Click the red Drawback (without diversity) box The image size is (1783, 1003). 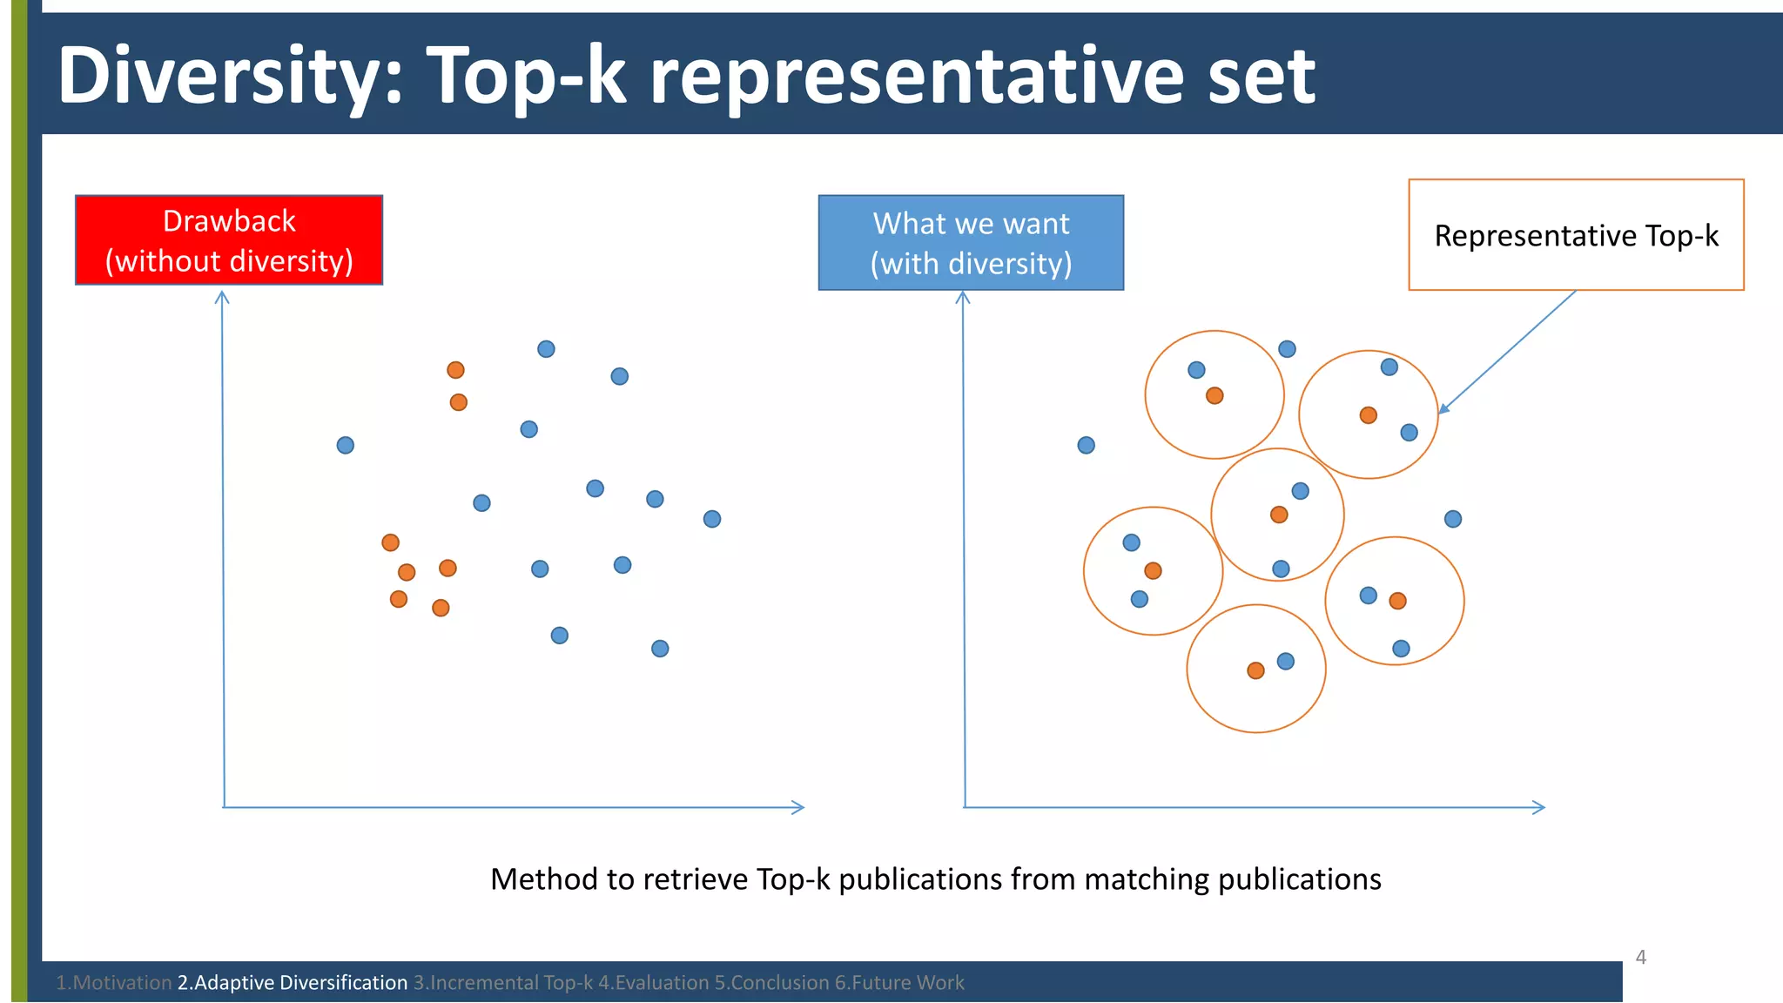point(229,240)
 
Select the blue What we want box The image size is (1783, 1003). point(971,243)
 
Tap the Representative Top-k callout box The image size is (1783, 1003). point(1576,235)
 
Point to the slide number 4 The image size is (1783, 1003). point(1641,958)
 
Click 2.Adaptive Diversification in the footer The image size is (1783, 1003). point(293,983)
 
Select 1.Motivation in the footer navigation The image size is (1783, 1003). point(113,983)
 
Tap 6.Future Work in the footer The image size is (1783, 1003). point(899,983)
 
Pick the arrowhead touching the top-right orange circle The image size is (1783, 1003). point(1443,408)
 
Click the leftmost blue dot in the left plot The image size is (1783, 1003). point(346,446)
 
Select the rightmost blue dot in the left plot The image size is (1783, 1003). point(712,519)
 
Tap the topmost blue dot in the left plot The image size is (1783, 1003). point(546,349)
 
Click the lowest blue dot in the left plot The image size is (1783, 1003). point(660,649)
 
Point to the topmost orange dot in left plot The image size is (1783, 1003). point(455,370)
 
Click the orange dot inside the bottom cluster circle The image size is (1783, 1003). point(1255,670)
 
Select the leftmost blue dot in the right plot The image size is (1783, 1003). point(1087,446)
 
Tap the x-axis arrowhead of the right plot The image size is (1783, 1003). point(1539,808)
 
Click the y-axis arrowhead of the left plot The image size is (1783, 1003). point(222,298)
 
